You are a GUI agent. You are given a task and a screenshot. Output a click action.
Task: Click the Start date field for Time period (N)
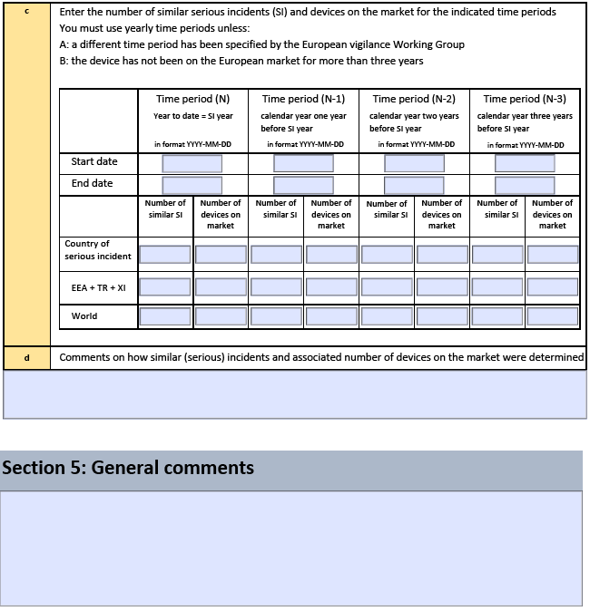point(192,163)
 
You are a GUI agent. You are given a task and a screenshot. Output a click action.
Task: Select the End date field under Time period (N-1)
point(303,185)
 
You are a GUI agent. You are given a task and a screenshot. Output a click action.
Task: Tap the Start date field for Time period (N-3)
point(525,163)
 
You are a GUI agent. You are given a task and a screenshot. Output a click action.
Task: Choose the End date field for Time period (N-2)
point(414,185)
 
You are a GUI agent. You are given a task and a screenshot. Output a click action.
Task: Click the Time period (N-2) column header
point(414,99)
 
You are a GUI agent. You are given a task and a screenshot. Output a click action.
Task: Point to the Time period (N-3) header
point(525,99)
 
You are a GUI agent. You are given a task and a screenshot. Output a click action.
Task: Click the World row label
point(84,316)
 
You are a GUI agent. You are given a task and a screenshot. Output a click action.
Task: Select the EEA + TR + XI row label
point(98,287)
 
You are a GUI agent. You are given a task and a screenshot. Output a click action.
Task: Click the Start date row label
point(94,161)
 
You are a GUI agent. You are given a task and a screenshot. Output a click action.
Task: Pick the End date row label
point(93,183)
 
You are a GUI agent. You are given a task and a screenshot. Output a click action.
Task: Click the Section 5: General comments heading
point(128,469)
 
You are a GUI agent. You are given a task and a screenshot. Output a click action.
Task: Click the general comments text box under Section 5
point(291,548)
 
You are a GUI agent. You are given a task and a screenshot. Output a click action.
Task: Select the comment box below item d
point(295,394)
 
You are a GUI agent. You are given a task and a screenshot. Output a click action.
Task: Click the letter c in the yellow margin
point(27,12)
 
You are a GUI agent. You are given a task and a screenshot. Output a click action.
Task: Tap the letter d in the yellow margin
point(27,357)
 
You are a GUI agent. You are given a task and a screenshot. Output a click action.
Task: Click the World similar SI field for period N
point(165,317)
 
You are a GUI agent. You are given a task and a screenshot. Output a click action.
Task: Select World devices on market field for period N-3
point(553,317)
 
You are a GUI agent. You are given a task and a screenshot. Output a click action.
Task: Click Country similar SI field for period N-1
point(276,255)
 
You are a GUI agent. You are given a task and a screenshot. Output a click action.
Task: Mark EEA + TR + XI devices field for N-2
point(442,287)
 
